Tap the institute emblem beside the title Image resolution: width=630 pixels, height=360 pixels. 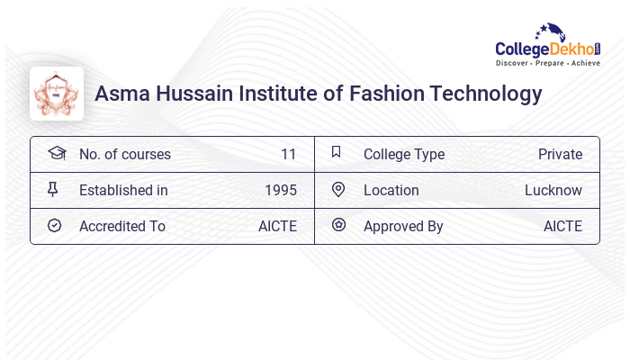coord(57,94)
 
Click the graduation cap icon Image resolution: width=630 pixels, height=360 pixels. coord(56,153)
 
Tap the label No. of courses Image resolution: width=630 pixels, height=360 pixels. coord(124,154)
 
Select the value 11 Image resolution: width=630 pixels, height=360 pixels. coord(288,154)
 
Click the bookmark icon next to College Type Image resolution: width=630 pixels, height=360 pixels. coord(337,153)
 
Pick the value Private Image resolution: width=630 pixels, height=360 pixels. coord(560,154)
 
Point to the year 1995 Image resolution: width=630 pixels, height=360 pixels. coord(281,190)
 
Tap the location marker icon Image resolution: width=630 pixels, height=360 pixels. coord(338,189)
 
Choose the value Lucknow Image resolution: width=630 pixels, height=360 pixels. coord(553,190)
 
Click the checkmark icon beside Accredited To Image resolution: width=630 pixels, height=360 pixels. coord(54,225)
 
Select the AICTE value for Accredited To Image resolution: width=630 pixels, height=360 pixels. coord(277,226)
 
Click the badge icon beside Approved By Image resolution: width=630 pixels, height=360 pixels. coord(338,225)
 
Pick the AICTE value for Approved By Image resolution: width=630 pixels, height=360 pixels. coord(562,226)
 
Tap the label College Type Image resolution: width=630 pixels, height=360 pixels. coord(404,154)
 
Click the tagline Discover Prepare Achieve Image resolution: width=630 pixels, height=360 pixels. coord(547,64)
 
